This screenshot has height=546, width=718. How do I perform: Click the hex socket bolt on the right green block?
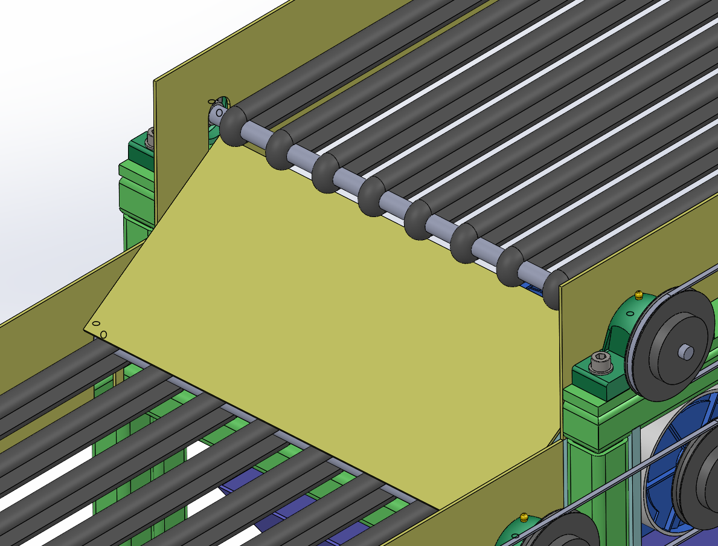pos(600,362)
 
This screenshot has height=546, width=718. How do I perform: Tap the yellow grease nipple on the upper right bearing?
pos(638,296)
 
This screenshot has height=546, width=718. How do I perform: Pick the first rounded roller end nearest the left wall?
pos(232,126)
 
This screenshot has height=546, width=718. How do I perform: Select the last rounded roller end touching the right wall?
pos(552,290)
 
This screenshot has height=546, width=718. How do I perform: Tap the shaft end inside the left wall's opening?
pos(217,112)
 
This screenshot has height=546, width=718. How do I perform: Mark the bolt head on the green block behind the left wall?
pos(149,140)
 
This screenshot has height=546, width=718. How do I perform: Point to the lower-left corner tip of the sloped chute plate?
pos(86,330)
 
